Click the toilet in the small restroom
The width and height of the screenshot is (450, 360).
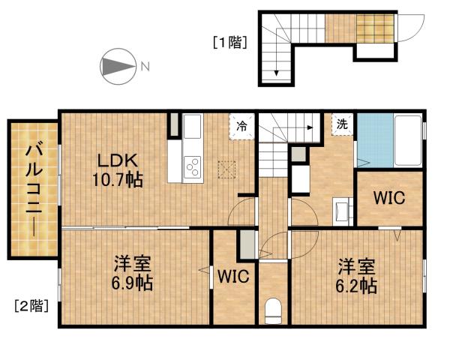[x=273, y=309]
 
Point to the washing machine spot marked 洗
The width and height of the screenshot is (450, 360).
[x=342, y=124]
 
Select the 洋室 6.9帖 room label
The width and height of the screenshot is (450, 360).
[x=133, y=274]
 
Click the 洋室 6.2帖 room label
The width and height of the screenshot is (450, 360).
[x=356, y=275]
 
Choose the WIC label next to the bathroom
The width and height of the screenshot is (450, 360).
[x=389, y=199]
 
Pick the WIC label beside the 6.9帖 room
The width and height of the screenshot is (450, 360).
[x=233, y=275]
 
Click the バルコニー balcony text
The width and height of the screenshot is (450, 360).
[x=33, y=189]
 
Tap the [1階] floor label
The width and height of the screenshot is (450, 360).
[x=229, y=42]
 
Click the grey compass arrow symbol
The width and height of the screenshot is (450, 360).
[x=116, y=66]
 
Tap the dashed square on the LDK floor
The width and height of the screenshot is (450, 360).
[x=226, y=168]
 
